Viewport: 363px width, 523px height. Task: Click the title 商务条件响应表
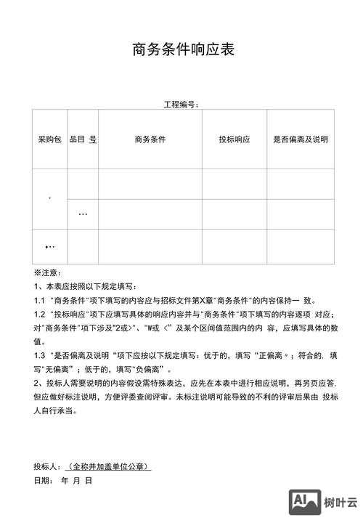[183, 49]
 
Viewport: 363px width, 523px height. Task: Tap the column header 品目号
[83, 139]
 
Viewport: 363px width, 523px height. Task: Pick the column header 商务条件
[150, 139]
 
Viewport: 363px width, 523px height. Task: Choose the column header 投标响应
[234, 139]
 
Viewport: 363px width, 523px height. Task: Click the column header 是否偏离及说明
[300, 139]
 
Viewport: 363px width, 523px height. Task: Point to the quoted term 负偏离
[149, 369]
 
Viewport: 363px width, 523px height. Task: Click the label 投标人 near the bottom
[46, 466]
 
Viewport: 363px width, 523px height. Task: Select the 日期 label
[42, 480]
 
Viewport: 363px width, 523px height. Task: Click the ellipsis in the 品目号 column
[83, 214]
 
